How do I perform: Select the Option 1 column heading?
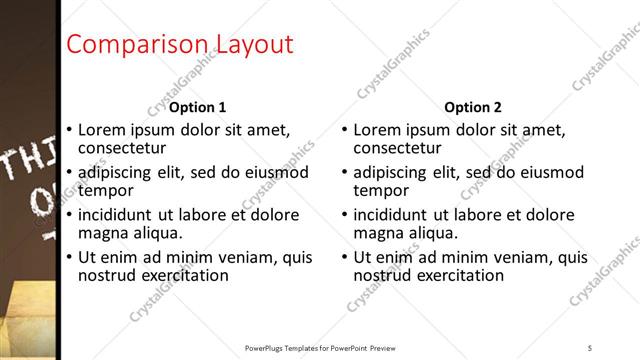click(198, 107)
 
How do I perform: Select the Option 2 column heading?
click(473, 107)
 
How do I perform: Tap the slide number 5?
click(590, 347)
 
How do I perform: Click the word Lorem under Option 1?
click(104, 130)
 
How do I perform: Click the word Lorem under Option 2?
click(380, 130)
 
